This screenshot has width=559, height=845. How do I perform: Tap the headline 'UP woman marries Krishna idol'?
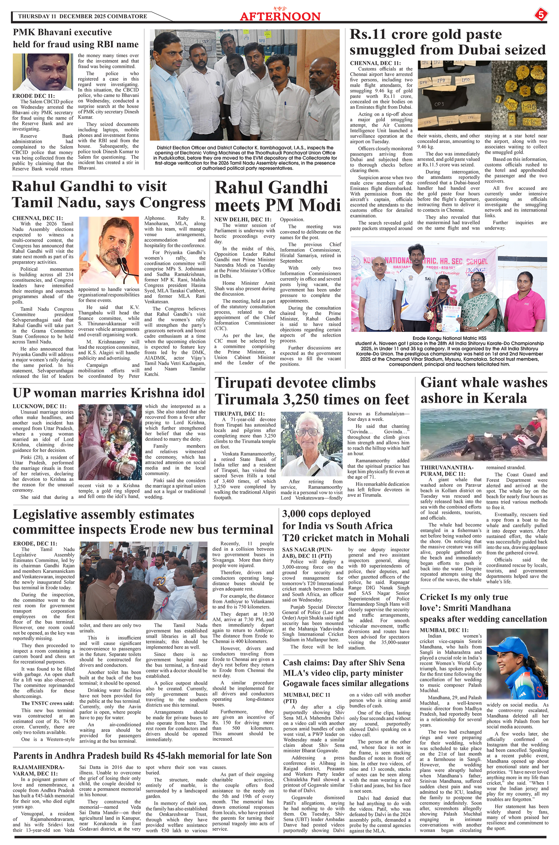(x=109, y=393)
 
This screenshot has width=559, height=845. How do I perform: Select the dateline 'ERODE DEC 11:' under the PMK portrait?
(x=34, y=96)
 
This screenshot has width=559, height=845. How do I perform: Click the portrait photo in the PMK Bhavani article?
(x=43, y=72)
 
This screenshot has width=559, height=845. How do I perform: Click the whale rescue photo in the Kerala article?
(x=484, y=435)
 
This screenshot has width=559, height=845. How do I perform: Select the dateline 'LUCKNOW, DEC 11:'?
(x=39, y=406)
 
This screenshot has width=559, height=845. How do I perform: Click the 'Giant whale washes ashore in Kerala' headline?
(x=484, y=390)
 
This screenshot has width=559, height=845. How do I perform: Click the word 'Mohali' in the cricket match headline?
(x=389, y=538)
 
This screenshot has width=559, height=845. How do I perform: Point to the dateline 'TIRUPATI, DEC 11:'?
(x=239, y=413)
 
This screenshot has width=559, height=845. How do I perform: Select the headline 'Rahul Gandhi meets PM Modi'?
(x=278, y=196)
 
